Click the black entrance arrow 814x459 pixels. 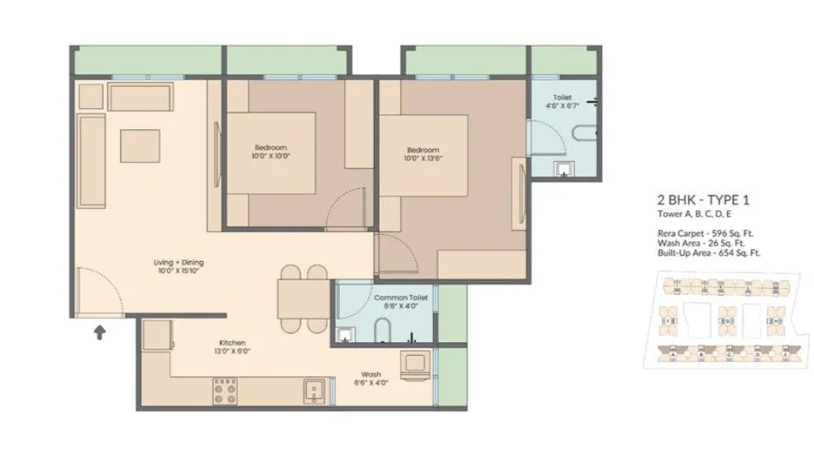100,331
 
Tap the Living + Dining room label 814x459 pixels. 177,265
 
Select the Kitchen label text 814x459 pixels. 233,346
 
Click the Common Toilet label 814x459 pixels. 396,301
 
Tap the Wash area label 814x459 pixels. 371,377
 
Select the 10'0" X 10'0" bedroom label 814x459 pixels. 271,151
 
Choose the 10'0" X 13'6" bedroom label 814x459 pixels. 423,154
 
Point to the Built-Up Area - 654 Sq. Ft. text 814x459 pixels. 708,253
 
